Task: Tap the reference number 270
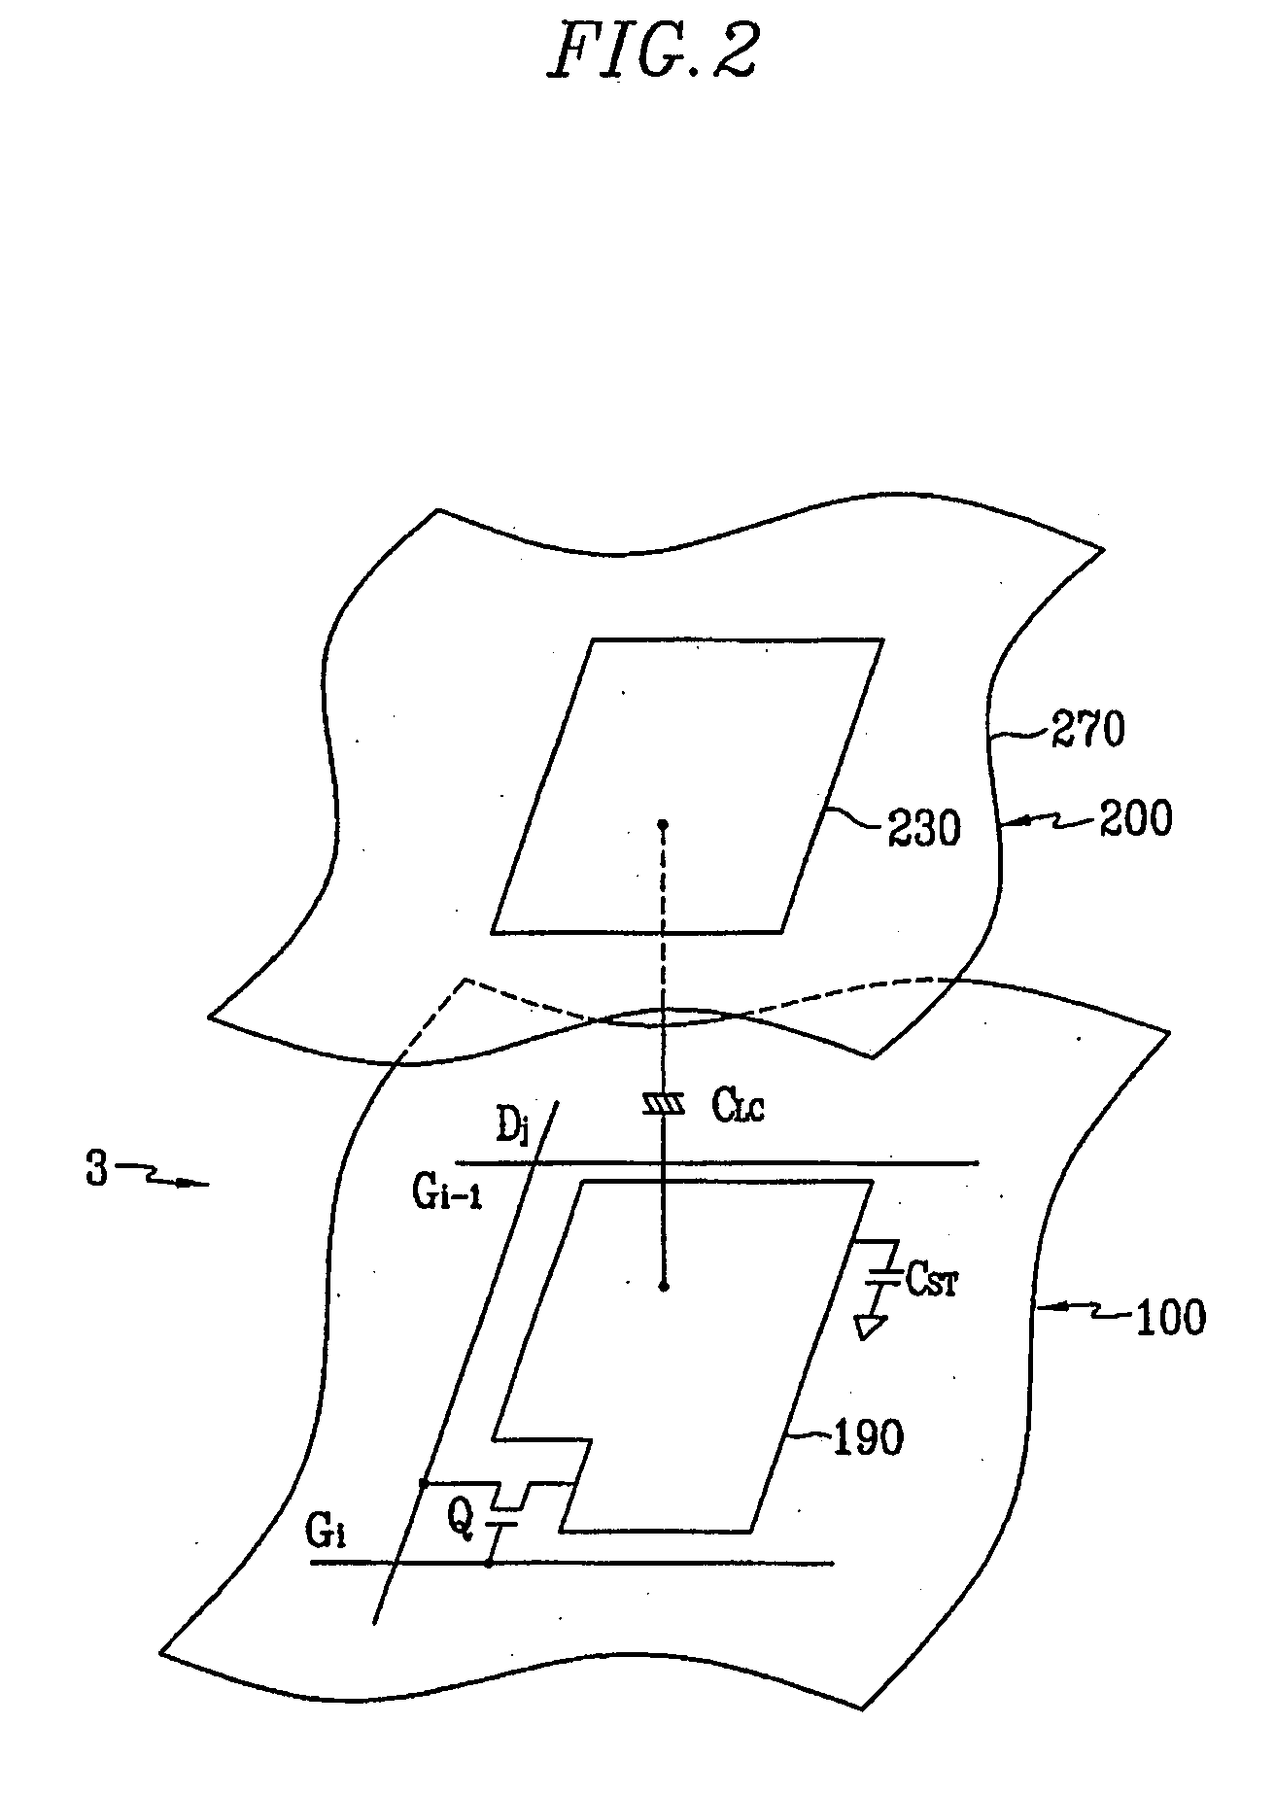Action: coord(1086,731)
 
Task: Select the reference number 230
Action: coord(923,829)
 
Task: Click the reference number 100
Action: coord(1169,1319)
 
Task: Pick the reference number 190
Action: coord(868,1437)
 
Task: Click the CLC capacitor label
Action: coord(739,1105)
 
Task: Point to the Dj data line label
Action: coord(510,1130)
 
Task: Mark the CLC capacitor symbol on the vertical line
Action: coord(664,1104)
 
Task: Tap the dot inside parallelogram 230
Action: coord(664,825)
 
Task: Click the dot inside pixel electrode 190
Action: coord(664,1287)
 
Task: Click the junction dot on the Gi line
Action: coord(489,1563)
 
